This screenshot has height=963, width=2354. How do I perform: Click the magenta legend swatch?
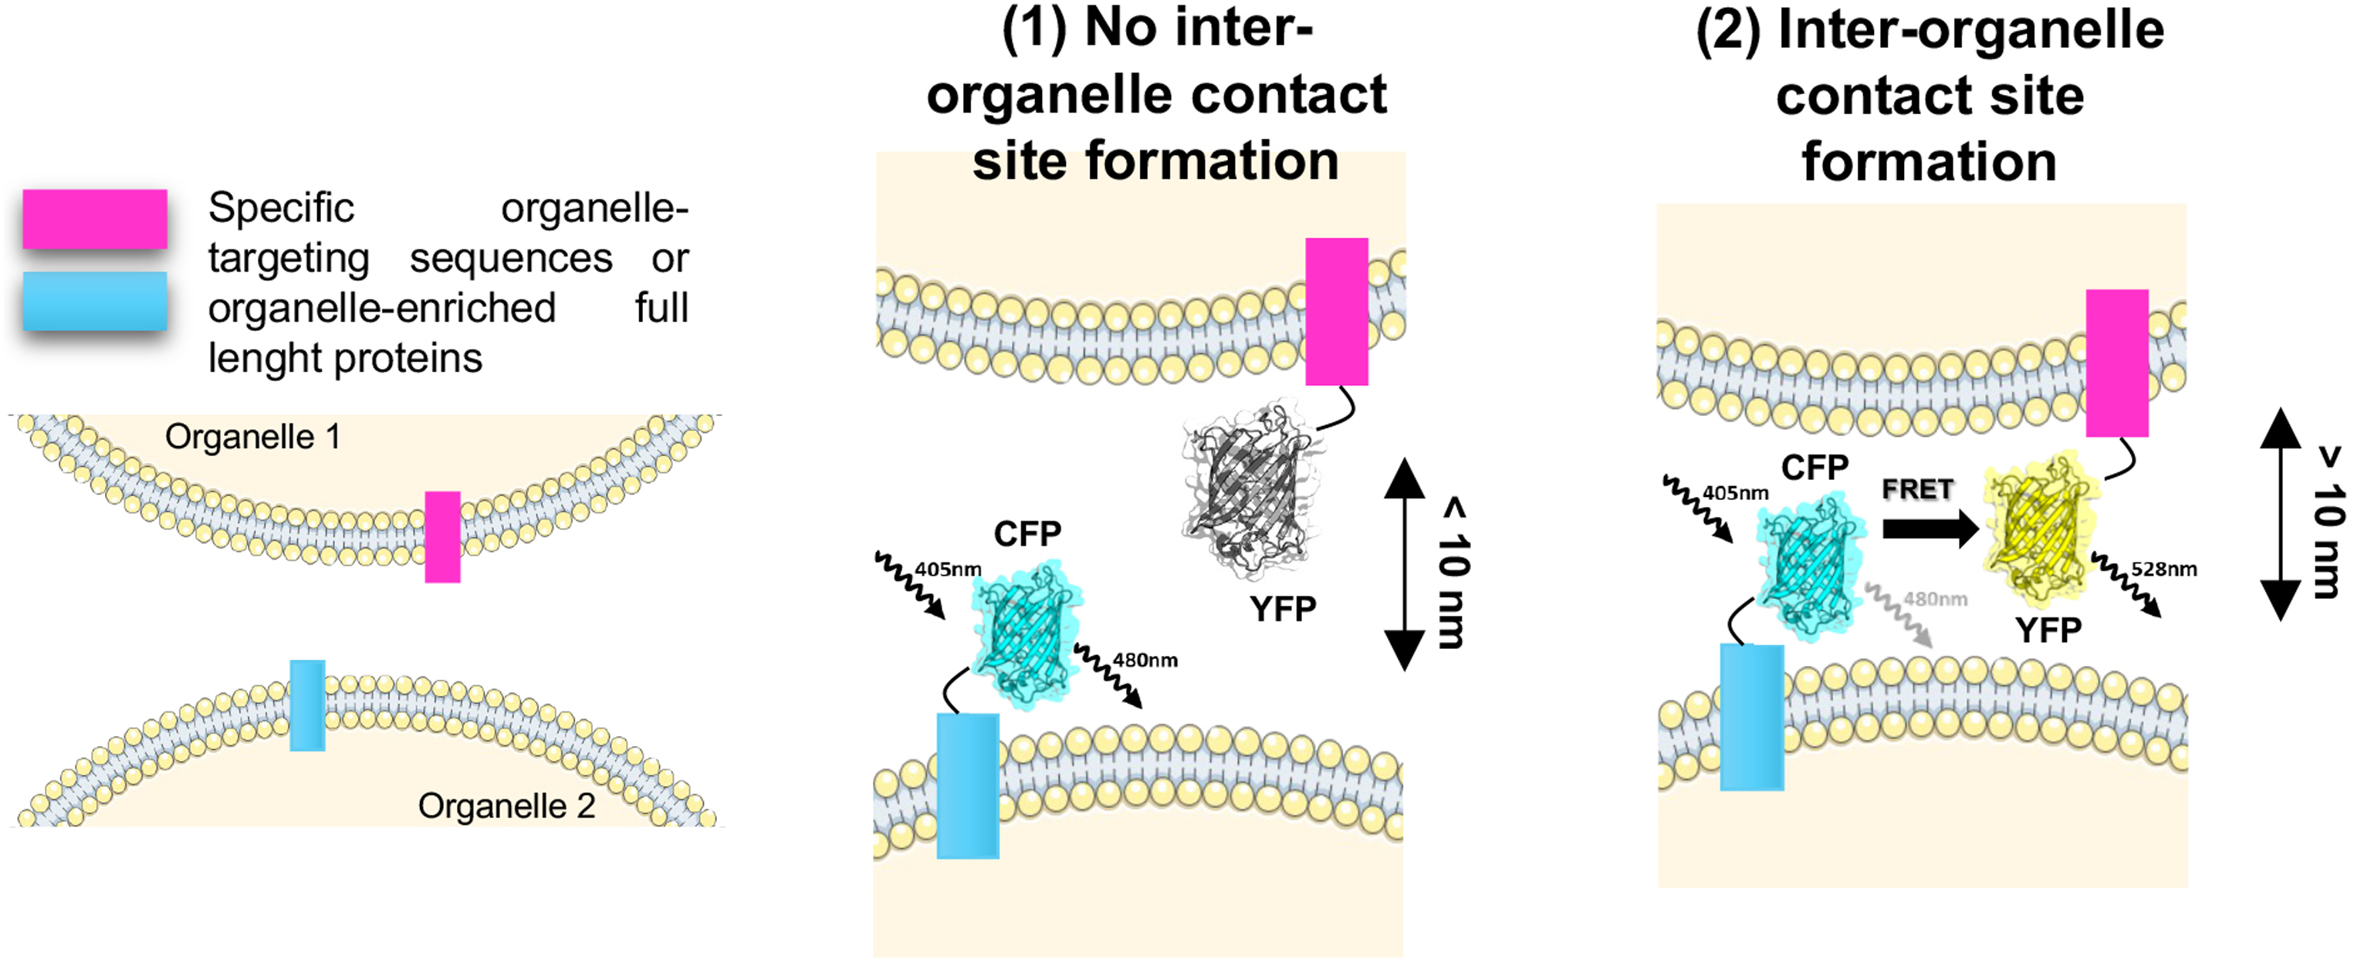tap(95, 219)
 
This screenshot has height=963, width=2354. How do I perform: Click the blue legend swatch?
tap(95, 301)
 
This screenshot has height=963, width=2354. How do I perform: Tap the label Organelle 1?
tap(253, 437)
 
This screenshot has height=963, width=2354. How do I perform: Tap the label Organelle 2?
tap(506, 806)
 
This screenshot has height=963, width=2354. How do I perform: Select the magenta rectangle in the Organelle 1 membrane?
tap(442, 537)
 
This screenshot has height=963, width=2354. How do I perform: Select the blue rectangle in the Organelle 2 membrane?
tap(307, 705)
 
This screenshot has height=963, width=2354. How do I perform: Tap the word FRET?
tap(1917, 490)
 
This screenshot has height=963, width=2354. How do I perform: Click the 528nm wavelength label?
tap(2164, 569)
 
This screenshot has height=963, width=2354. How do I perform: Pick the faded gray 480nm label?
tap(1936, 600)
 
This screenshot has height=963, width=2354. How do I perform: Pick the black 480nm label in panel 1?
tap(1145, 660)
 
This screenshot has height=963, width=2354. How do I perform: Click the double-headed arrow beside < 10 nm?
tap(1405, 565)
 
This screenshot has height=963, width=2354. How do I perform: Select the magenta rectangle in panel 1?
tap(1336, 312)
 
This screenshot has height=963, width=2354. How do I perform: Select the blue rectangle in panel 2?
tap(1752, 717)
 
